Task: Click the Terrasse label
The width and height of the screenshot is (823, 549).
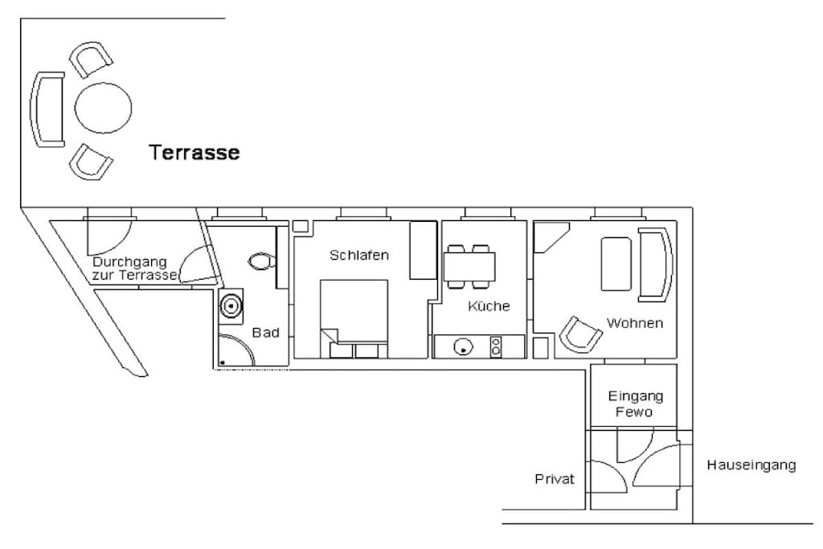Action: tap(194, 152)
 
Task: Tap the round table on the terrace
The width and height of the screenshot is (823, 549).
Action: tap(103, 108)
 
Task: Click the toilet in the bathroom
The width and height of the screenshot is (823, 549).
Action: tap(262, 261)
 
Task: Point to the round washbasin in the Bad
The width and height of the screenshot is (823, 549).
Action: tap(231, 305)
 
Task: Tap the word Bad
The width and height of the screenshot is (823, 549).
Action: tap(265, 332)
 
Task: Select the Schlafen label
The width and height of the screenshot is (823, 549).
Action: tap(359, 255)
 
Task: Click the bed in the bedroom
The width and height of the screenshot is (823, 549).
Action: tap(354, 319)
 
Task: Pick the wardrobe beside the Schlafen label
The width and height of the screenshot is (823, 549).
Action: tap(423, 250)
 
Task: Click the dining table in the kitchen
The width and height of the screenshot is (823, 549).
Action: tap(469, 266)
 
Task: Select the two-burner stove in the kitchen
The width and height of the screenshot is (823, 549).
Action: tap(495, 346)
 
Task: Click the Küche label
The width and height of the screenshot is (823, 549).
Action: tap(489, 305)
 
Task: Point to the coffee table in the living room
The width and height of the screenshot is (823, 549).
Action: tap(616, 264)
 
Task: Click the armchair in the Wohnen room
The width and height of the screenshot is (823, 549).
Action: tap(579, 334)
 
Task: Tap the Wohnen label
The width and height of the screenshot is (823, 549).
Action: tap(635, 323)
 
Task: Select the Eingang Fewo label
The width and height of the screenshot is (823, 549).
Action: tap(635, 404)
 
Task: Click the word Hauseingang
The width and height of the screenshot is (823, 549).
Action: tap(751, 465)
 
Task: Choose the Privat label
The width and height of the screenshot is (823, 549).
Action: tap(555, 479)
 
